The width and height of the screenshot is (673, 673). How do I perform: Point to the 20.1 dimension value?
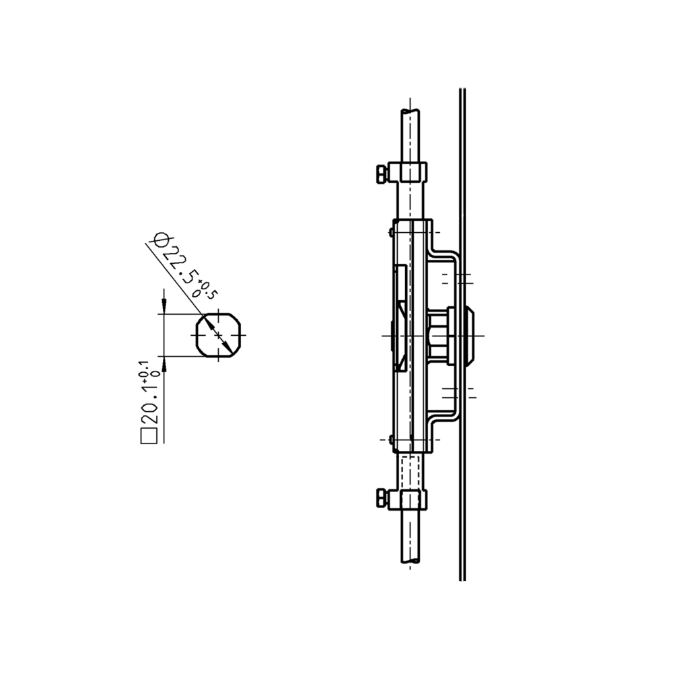[x=149, y=404]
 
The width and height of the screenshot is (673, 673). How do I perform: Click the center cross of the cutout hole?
[x=217, y=334]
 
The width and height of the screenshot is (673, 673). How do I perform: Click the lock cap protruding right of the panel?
[x=470, y=334]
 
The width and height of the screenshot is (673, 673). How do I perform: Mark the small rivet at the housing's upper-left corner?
[x=391, y=232]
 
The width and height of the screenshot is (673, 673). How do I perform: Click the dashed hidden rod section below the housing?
[x=410, y=471]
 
